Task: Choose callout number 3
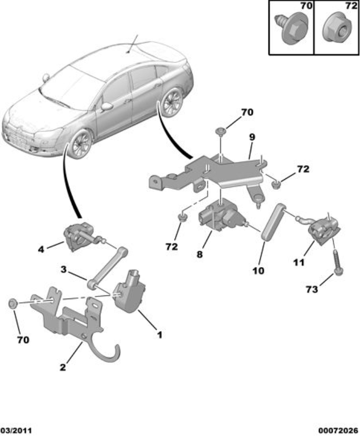point(63,270)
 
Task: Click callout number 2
point(63,367)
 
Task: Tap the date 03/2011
point(16,431)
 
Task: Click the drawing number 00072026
point(336,431)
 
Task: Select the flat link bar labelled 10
point(272,223)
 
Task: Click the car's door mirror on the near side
point(107,106)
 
